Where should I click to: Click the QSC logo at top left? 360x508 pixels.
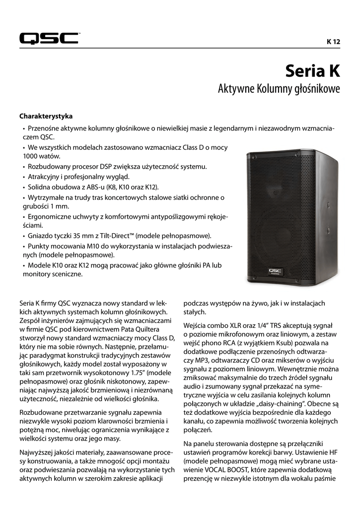[49, 38]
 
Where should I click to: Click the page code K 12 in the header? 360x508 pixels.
[333, 42]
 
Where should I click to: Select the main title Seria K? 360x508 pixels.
[312, 71]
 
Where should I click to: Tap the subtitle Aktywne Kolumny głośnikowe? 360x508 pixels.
[279, 89]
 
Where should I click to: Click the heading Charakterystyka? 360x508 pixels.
[46, 116]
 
